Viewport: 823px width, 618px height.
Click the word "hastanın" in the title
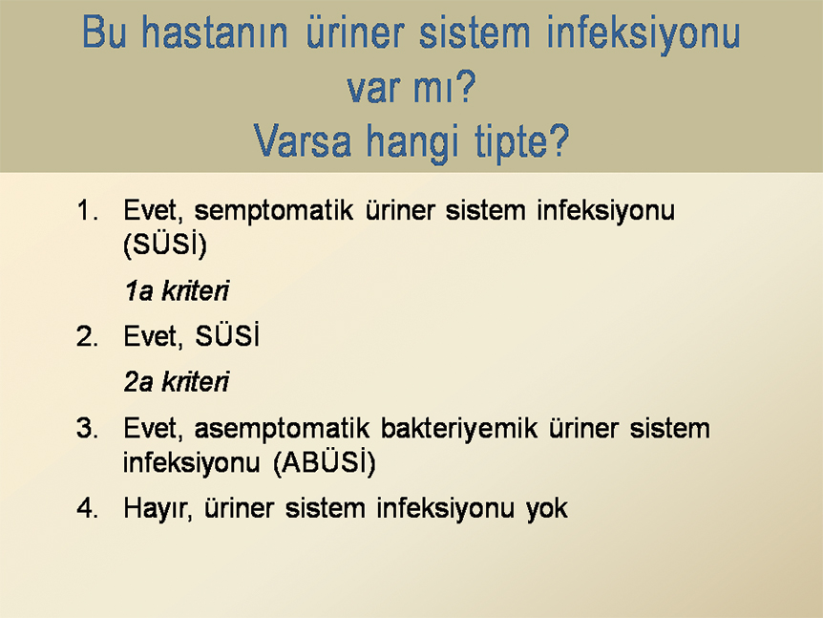pos(215,32)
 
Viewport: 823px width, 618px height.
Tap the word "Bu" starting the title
pos(104,32)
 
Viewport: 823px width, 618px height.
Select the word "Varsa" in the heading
pos(303,140)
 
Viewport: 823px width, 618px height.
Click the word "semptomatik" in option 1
pos(273,212)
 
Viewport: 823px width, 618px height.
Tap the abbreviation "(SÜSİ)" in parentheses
pos(165,245)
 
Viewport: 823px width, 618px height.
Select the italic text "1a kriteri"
pos(177,291)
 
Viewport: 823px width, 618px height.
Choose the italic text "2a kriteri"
pos(177,382)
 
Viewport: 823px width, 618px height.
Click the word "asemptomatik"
pos(282,430)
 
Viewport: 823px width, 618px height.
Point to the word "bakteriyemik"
pos(459,429)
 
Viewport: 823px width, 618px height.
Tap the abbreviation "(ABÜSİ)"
pos(325,462)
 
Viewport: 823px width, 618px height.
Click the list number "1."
pos(87,211)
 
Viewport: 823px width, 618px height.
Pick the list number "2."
pos(87,336)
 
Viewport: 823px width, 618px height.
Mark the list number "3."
pos(87,429)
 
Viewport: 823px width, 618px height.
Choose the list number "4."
pos(87,508)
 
